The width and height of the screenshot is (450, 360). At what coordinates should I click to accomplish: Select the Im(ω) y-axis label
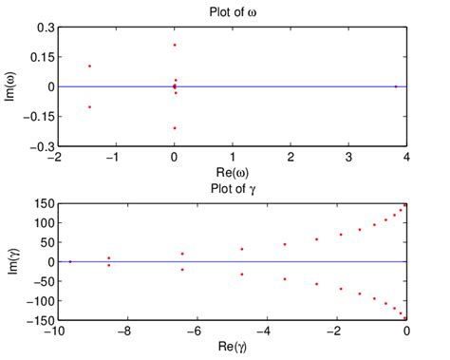(12, 86)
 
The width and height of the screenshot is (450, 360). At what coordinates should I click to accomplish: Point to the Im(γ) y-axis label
(12, 261)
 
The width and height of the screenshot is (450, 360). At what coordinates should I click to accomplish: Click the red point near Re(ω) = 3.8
(396, 86)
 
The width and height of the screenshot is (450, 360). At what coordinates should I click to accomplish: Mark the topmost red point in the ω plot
(175, 45)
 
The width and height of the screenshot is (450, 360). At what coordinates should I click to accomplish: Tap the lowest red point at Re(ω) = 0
(175, 127)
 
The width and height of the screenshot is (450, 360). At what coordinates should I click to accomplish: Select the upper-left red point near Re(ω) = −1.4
(89, 66)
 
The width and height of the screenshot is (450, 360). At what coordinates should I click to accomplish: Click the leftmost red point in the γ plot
(69, 261)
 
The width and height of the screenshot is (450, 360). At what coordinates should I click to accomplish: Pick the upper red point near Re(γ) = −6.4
(182, 254)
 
